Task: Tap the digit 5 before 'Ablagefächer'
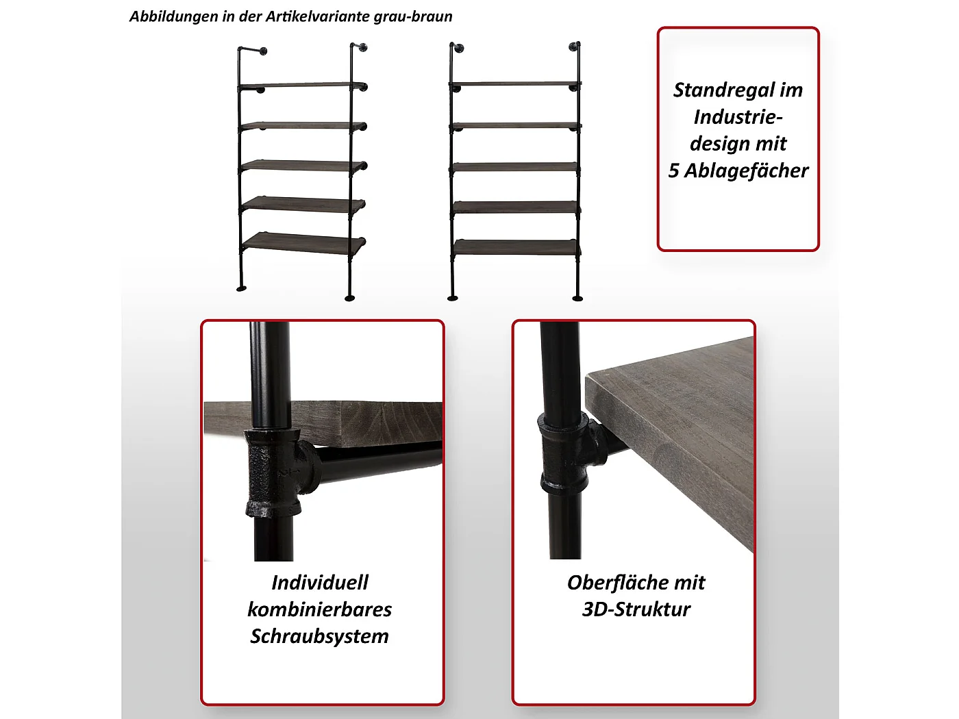click(673, 171)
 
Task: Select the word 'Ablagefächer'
click(746, 171)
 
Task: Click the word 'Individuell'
click(319, 582)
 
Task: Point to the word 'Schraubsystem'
click(319, 637)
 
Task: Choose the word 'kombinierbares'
click(319, 609)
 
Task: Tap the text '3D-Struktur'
click(636, 609)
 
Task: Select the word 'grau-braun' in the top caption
click(412, 17)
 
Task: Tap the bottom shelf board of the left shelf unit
click(303, 242)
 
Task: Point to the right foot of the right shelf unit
click(577, 299)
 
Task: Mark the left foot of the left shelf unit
click(241, 288)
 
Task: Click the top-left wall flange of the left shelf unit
click(263, 51)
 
